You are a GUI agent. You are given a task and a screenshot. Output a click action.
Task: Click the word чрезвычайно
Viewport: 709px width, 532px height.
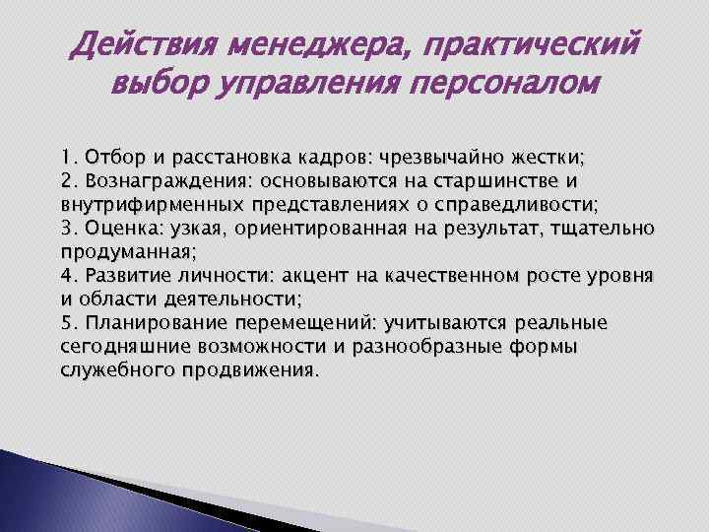[464, 159]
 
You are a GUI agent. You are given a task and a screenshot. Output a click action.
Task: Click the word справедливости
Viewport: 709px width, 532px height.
[517, 204]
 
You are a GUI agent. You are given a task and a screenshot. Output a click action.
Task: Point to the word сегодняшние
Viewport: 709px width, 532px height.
[126, 346]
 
